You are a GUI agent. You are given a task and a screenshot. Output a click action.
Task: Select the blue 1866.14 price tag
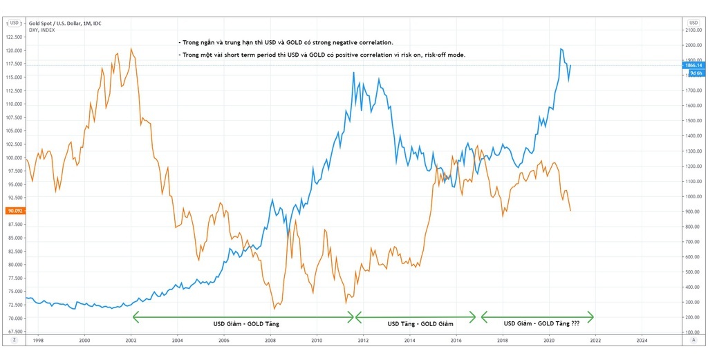coord(693,65)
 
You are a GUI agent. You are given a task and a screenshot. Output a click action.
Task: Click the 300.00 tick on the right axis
coord(691,302)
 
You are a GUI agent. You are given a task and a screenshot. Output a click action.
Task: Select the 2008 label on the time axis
coord(270,340)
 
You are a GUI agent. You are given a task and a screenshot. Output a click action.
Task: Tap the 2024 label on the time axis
coord(641,340)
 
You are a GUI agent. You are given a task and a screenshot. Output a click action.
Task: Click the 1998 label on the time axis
coord(38,340)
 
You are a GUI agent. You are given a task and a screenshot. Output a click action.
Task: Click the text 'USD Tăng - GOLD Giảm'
coord(416,323)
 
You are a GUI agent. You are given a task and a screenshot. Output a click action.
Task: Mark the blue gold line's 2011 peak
coord(354,72)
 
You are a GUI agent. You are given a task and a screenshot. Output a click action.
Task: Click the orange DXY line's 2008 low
coord(274,308)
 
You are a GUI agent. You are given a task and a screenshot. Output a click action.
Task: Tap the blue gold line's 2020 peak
coord(560,48)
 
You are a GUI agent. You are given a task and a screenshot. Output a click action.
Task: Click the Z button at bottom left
coord(14,340)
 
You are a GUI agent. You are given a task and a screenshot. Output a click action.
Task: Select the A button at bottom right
coord(693,340)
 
